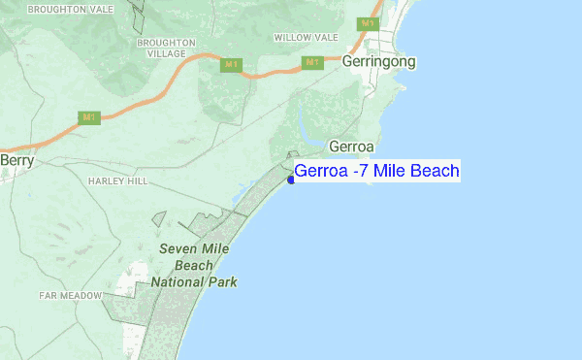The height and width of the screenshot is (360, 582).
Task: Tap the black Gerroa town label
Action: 352,147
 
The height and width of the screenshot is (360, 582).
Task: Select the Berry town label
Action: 17,161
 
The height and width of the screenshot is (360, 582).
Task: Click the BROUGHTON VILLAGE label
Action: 167,49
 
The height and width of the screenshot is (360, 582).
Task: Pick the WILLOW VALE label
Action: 306,37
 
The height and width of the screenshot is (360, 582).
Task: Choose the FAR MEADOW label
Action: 71,294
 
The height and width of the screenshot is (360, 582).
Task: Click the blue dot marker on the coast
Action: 291,179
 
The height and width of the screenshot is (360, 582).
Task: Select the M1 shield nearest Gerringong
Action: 367,23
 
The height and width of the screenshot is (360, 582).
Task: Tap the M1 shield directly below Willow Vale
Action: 311,63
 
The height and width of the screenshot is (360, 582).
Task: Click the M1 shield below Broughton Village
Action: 230,65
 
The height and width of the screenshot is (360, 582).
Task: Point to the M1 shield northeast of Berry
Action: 89,117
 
